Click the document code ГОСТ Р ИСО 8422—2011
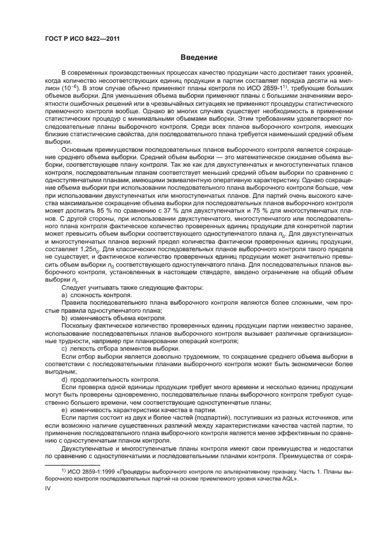(78, 40)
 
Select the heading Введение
(198, 58)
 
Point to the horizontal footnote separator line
(72, 464)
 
